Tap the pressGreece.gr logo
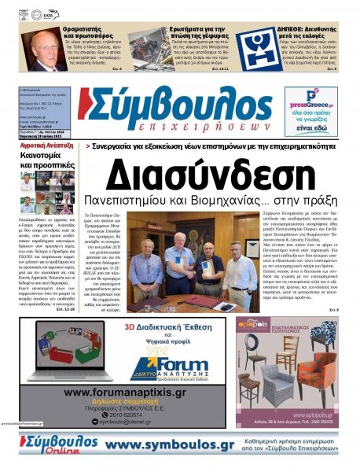coord(310,102)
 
